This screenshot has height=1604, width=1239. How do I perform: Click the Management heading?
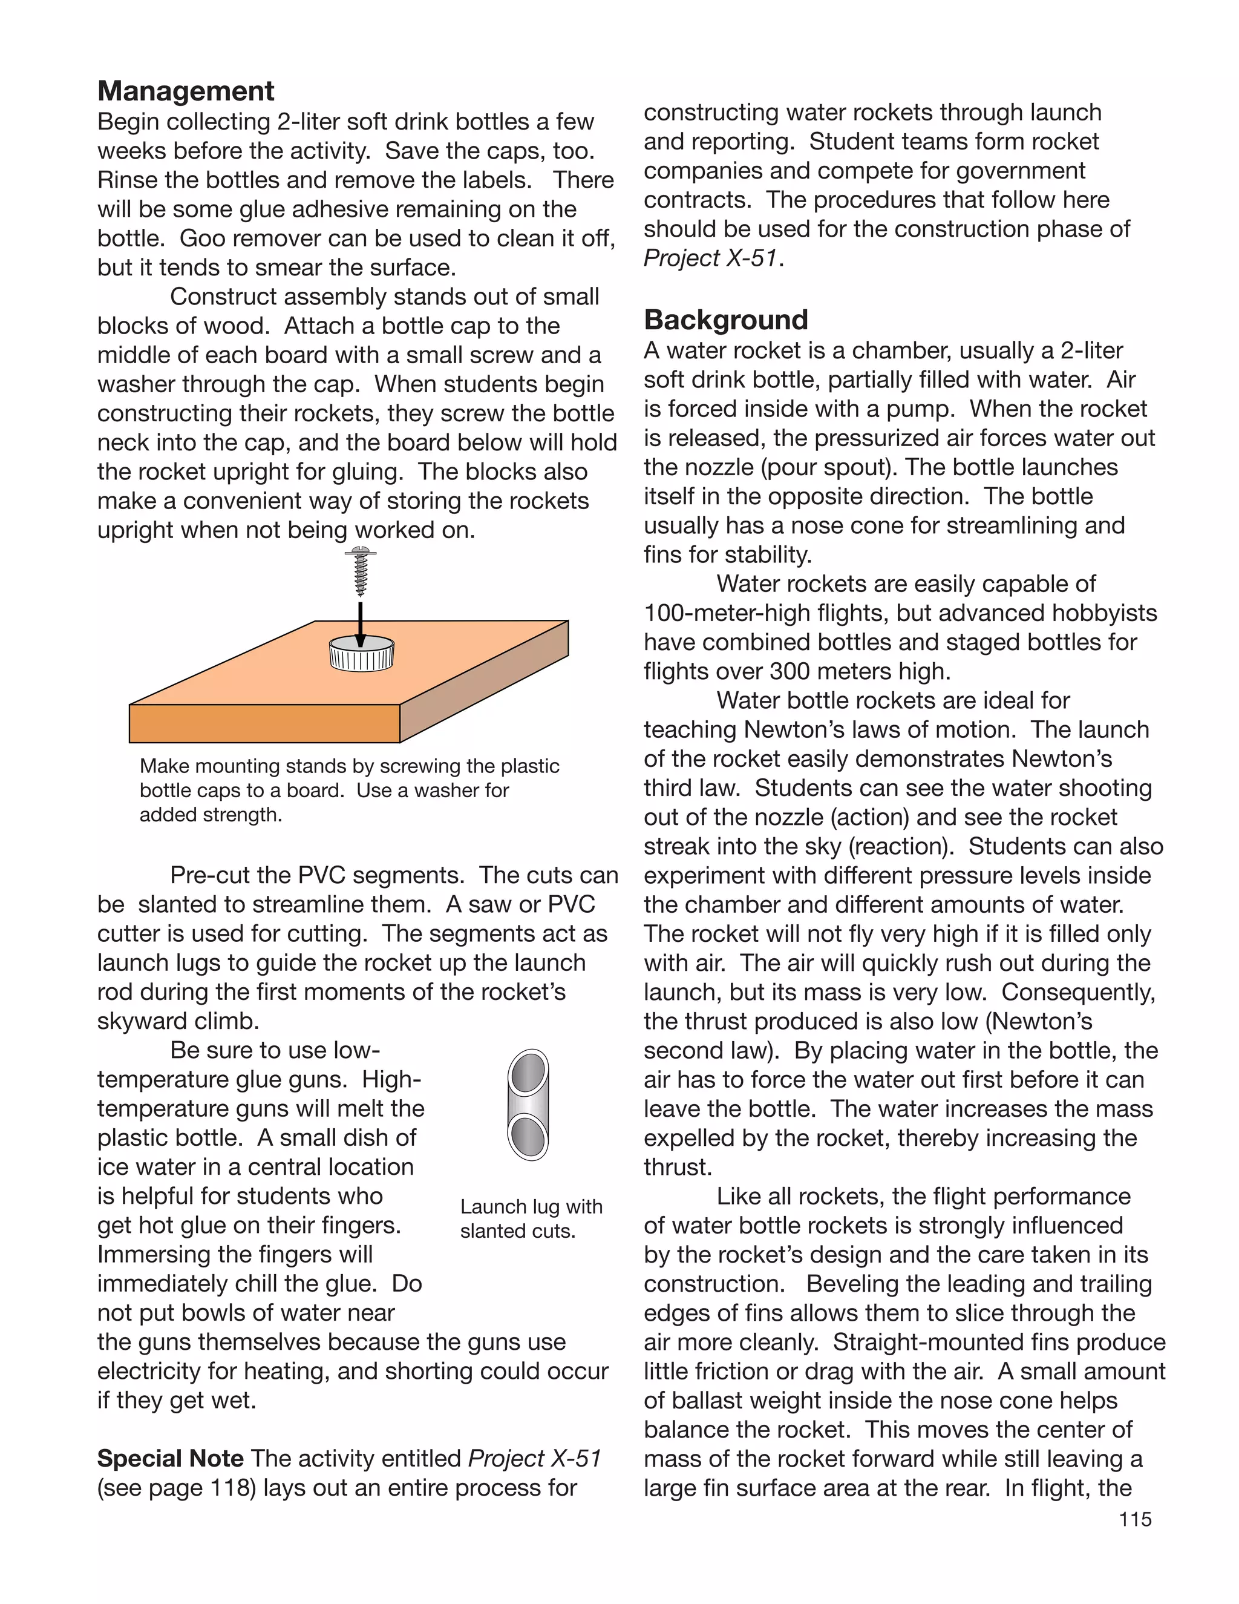(x=186, y=91)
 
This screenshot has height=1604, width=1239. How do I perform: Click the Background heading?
(x=725, y=320)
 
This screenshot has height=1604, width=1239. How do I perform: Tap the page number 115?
(x=1135, y=1519)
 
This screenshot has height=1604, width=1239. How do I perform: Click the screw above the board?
(x=361, y=571)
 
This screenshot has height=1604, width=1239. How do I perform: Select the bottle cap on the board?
(x=361, y=654)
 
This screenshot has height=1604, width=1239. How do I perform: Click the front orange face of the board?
(x=264, y=723)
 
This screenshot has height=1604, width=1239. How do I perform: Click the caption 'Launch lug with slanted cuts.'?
(x=530, y=1218)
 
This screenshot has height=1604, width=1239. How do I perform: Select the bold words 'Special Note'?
(x=170, y=1459)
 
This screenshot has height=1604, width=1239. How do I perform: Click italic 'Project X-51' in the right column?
(x=710, y=258)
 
